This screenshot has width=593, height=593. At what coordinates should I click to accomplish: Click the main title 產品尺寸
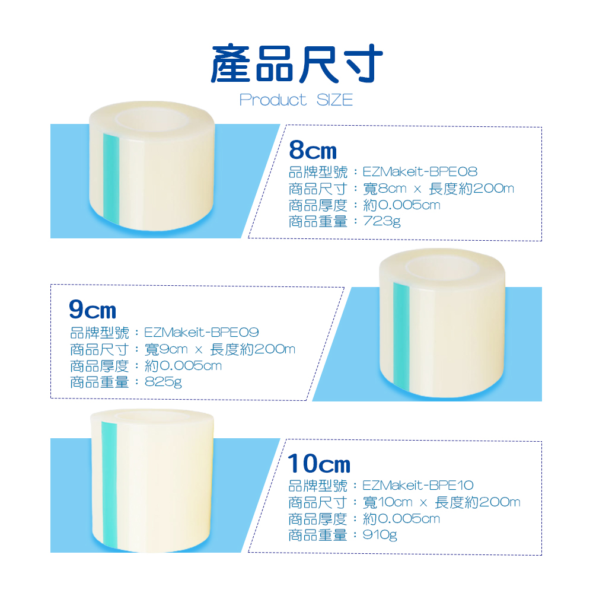[297, 63]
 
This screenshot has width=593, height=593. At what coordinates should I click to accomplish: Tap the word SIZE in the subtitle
[334, 100]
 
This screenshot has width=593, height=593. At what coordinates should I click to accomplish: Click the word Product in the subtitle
[273, 100]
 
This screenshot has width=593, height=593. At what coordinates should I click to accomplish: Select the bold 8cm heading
[313, 150]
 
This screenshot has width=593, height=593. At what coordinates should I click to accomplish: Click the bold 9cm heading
[93, 310]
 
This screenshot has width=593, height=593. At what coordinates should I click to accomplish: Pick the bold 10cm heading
[319, 464]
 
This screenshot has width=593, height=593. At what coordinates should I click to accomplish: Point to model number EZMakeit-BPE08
[420, 172]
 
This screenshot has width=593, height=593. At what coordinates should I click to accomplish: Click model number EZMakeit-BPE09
[201, 333]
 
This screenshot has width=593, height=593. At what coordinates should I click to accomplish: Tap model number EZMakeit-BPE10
[418, 485]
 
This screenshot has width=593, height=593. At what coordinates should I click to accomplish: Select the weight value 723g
[381, 221]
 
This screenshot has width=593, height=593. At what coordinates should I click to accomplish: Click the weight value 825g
[163, 382]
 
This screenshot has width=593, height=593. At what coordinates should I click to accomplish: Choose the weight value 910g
[380, 535]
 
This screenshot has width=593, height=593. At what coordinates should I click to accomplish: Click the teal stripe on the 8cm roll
[111, 179]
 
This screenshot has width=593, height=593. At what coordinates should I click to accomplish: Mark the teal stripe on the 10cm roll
[110, 484]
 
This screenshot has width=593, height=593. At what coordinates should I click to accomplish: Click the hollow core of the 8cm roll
[152, 119]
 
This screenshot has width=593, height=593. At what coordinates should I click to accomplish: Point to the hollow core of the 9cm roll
[442, 266]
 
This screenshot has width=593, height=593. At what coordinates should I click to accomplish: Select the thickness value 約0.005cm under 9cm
[183, 366]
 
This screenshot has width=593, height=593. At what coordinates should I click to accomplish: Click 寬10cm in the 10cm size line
[387, 502]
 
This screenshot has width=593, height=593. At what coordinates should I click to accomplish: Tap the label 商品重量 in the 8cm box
[318, 222]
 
